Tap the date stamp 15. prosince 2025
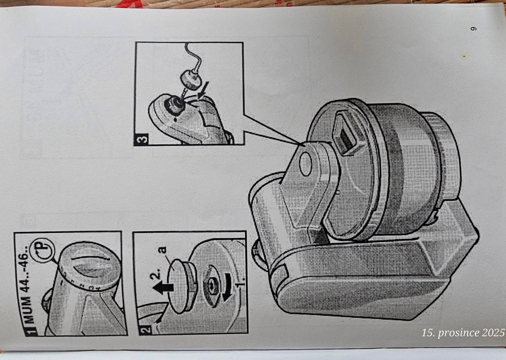pyautogui.click(x=463, y=332)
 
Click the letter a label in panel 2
pyautogui.click(x=162, y=251)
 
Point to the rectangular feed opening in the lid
pyautogui.click(x=346, y=130)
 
